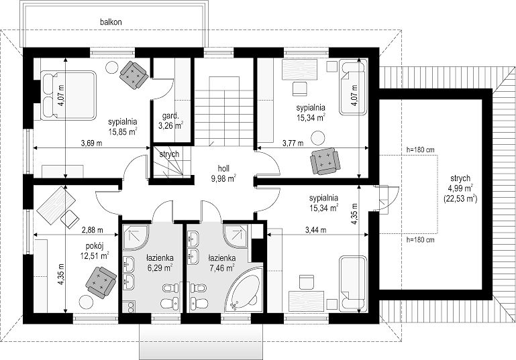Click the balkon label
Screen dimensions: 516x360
click(x=111, y=22)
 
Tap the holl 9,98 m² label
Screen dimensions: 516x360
click(x=223, y=173)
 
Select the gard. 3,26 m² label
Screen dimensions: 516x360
click(x=170, y=121)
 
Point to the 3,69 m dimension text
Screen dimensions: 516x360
click(x=91, y=143)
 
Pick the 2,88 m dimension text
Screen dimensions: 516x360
click(x=92, y=230)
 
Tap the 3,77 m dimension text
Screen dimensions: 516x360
click(x=293, y=143)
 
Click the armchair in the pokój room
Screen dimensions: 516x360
click(x=101, y=282)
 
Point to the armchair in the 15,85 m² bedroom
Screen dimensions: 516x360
click(x=134, y=75)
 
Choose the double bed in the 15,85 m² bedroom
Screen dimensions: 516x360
click(x=68, y=95)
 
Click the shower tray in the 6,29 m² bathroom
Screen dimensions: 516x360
click(x=136, y=237)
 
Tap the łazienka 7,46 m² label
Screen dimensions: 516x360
click(x=222, y=263)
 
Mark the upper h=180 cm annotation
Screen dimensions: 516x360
click(x=420, y=150)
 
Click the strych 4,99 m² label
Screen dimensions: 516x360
click(x=460, y=188)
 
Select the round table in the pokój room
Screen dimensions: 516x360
click(x=86, y=302)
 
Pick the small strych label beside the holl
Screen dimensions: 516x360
click(x=169, y=154)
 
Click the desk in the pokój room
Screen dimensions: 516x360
click(x=56, y=205)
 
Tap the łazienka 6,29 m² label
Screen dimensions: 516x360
click(x=160, y=263)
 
